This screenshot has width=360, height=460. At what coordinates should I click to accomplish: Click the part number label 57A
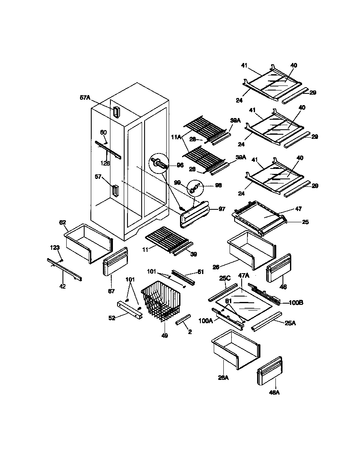click(85, 98)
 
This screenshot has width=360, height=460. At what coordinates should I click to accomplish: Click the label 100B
click(295, 302)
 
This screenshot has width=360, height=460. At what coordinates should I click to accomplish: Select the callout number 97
click(222, 209)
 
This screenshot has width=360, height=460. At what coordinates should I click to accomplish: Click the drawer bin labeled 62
click(88, 244)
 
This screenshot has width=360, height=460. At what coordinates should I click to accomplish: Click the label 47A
click(244, 276)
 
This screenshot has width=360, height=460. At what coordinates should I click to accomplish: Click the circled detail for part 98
click(194, 188)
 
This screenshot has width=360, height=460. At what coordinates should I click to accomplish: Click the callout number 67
click(111, 291)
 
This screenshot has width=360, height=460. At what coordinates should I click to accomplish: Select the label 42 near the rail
click(63, 286)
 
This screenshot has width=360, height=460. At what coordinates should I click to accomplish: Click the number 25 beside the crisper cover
click(305, 222)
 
